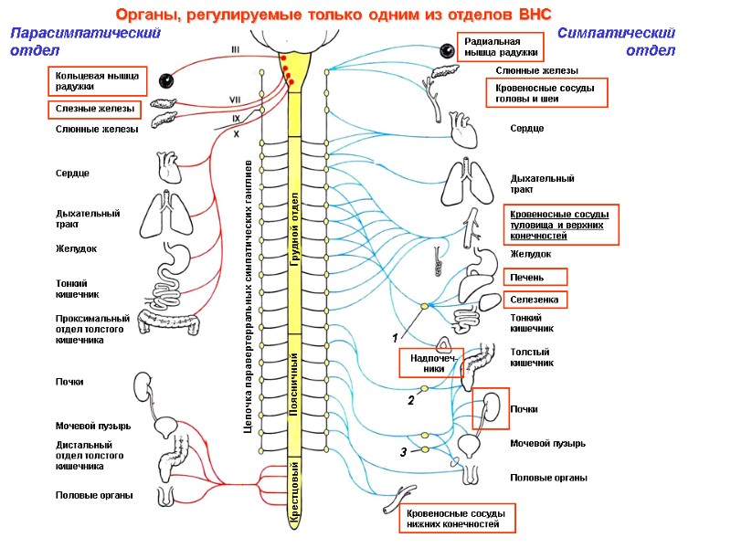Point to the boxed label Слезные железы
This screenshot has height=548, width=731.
point(93,109)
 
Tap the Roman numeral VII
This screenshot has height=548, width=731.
point(235,100)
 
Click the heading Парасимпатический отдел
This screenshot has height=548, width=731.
point(84,41)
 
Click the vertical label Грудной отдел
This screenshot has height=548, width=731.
point(295,224)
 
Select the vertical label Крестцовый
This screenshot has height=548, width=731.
point(295,493)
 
